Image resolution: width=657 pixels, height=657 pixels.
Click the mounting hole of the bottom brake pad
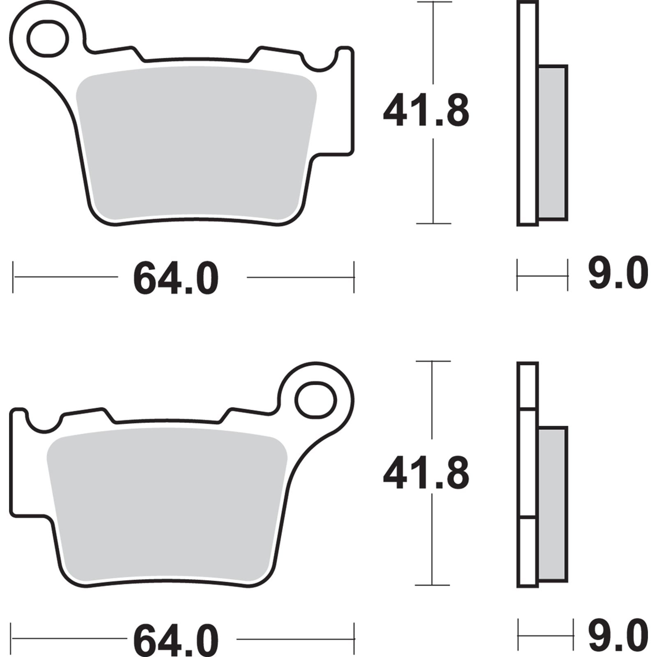tap(315, 399)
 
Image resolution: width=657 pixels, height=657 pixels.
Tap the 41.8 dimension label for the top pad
tap(425, 111)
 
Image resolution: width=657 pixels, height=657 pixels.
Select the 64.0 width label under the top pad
tap(175, 278)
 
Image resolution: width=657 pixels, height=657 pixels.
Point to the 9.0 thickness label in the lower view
tap(618, 636)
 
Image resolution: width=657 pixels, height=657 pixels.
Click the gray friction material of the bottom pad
tap(166, 505)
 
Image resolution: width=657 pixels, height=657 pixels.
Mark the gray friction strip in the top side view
tap(552, 142)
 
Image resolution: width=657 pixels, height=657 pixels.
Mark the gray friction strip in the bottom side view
tap(552, 504)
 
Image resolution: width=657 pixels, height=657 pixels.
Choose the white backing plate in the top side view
tap(528, 113)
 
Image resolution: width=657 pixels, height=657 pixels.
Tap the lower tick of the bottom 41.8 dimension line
tap(432, 585)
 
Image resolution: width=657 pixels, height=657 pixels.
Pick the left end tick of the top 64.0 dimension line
tap(13, 277)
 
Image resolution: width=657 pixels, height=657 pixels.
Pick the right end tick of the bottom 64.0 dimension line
tap(354, 639)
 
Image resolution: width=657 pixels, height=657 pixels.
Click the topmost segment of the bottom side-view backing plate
tap(528, 386)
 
